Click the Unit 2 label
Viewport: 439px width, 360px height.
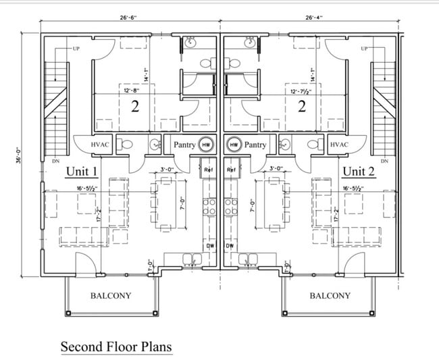[357, 171]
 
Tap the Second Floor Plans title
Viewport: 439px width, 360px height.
[116, 346]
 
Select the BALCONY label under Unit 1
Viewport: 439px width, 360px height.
[111, 295]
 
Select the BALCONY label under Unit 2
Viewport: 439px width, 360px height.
[330, 295]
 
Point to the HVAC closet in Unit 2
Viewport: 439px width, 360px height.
[339, 145]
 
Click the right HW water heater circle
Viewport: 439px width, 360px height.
[234, 145]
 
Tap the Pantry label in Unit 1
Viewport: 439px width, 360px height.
[184, 145]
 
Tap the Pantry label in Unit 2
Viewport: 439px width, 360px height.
[255, 145]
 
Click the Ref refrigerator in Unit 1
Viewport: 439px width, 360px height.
[209, 170]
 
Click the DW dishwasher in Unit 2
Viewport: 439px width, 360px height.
[230, 246]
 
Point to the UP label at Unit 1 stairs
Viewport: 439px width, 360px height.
[76, 49]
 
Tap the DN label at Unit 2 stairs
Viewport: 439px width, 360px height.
[384, 161]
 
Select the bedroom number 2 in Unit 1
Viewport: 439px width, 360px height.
[134, 106]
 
